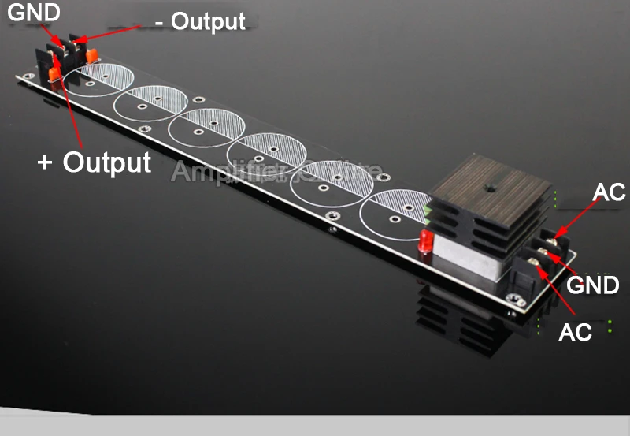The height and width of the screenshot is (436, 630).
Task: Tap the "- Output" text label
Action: tap(200, 21)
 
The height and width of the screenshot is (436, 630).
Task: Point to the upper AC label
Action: tap(607, 192)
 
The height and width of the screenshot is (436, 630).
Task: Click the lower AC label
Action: tap(575, 332)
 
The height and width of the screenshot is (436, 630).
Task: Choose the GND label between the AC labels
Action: tap(593, 285)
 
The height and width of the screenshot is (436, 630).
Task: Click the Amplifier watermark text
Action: tap(276, 171)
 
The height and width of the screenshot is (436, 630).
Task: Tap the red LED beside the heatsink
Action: tap(426, 243)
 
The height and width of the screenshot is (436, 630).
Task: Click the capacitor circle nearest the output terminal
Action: tap(98, 79)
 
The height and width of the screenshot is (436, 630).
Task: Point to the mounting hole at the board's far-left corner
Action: tap(28, 76)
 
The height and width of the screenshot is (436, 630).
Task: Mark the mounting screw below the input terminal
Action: tap(516, 300)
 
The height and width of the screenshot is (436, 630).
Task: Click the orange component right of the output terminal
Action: tap(92, 56)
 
